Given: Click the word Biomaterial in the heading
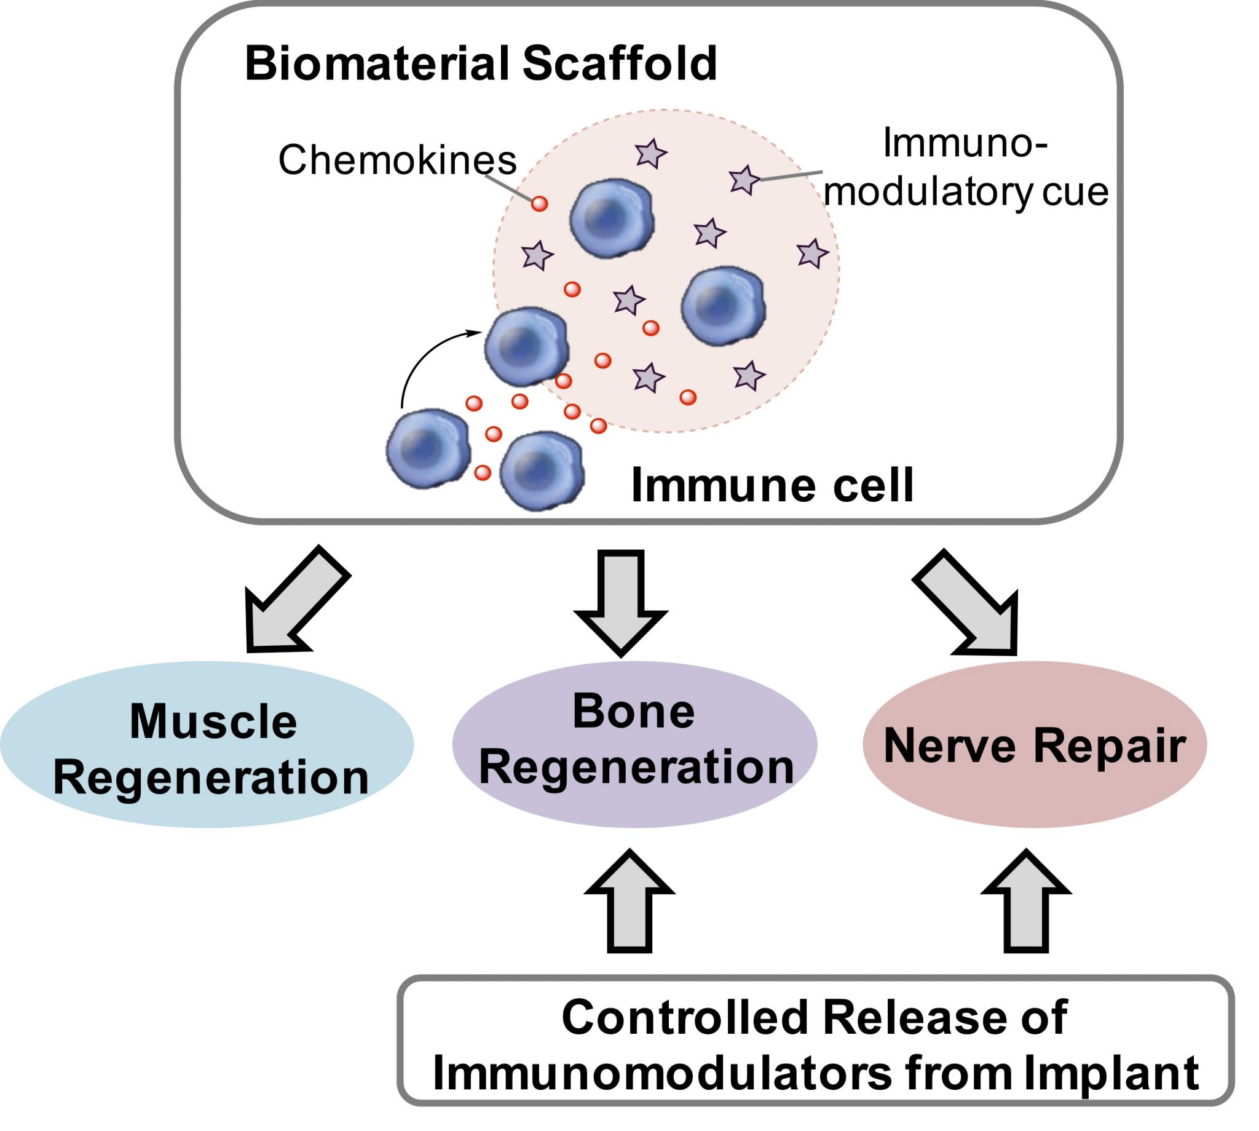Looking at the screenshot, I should (376, 63).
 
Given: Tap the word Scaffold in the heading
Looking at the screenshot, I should (619, 63).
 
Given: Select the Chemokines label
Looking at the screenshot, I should (397, 161).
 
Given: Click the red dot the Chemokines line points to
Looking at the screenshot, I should (539, 203).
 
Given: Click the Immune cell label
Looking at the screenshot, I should (772, 485).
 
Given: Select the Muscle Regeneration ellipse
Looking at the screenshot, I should (207, 744).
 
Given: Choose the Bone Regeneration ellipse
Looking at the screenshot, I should (634, 744).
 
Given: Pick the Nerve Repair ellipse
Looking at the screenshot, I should (1034, 744).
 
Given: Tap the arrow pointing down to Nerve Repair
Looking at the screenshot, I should (972, 602).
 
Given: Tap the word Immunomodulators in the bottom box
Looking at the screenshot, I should (661, 1073).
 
